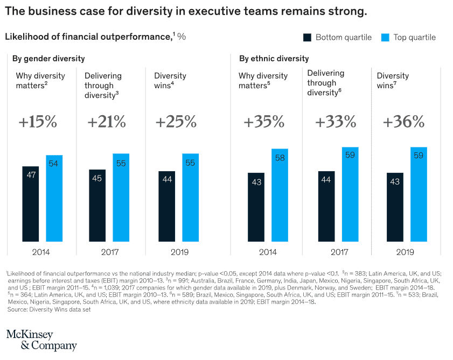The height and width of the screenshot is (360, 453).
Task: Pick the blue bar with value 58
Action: (x=280, y=195)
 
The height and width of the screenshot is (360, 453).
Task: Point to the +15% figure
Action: (x=38, y=122)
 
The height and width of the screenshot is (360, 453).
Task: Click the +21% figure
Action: (x=106, y=122)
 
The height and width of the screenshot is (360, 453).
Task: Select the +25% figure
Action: (x=176, y=122)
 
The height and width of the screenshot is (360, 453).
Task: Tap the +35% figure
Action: (x=263, y=122)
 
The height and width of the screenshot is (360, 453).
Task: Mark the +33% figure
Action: (x=335, y=122)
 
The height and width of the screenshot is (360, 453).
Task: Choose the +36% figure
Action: (x=403, y=122)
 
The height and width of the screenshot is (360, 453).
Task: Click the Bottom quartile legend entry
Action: (x=337, y=37)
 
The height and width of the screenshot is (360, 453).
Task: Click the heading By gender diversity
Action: (x=48, y=59)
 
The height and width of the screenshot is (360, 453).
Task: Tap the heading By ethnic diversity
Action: (x=274, y=59)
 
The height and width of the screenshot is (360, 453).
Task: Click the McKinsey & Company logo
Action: (x=41, y=340)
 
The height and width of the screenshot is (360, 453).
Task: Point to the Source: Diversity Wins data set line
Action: (x=49, y=309)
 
